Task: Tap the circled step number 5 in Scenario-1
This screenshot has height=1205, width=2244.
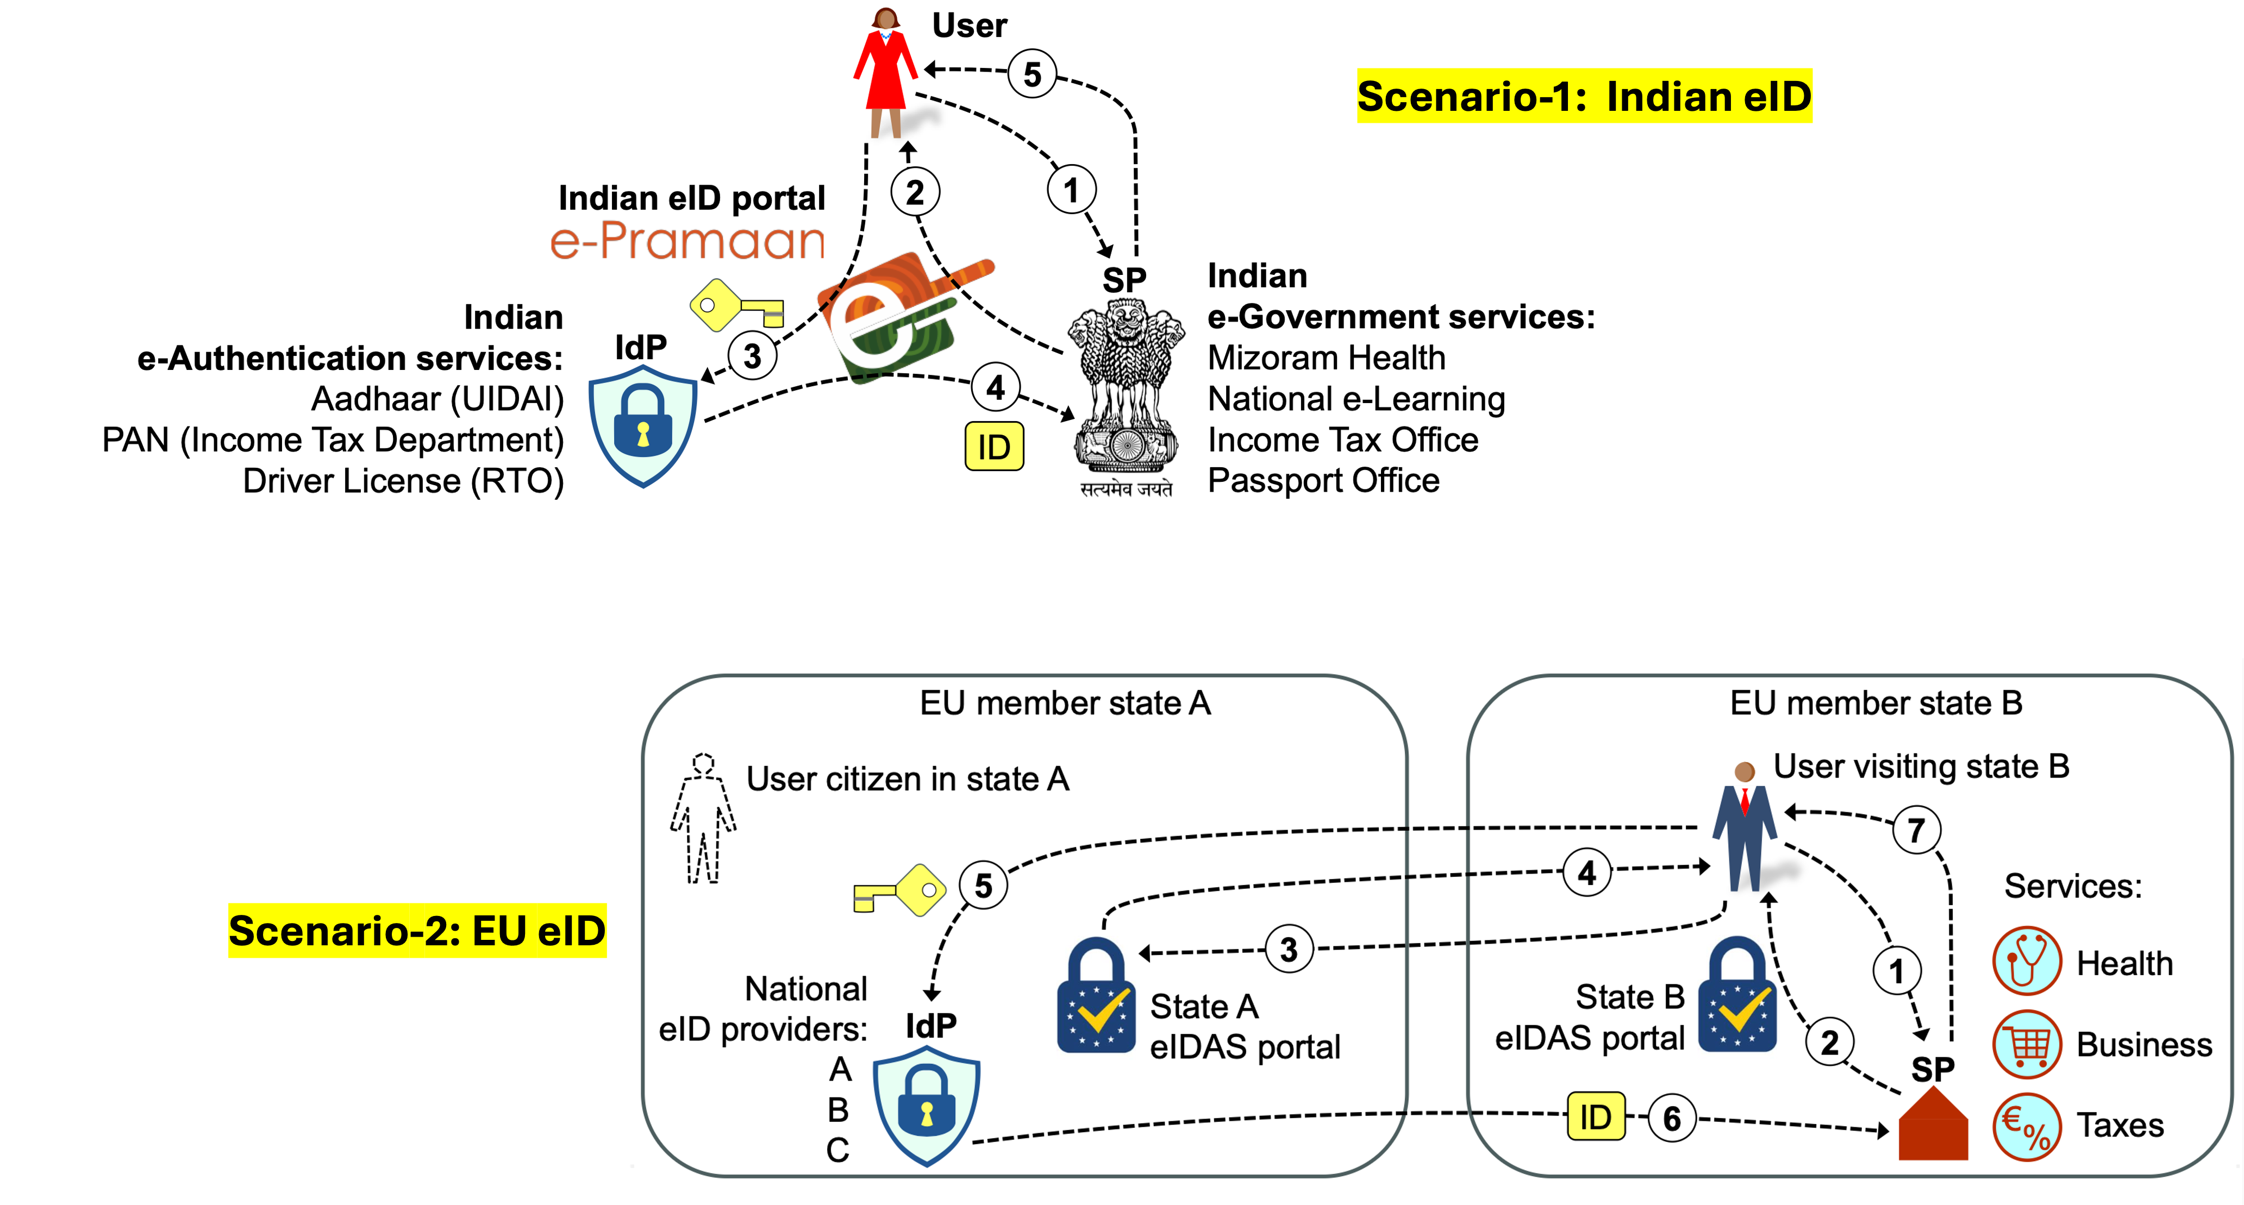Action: (1032, 74)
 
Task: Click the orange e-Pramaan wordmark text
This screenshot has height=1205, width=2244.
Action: (687, 241)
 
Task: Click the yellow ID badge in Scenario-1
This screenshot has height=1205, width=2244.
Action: (994, 447)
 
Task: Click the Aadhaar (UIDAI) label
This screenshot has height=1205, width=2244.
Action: (437, 399)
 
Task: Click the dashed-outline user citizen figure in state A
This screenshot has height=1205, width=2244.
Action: (703, 818)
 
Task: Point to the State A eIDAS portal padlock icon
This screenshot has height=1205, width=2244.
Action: (1096, 995)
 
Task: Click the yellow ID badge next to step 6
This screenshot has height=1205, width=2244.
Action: (1596, 1116)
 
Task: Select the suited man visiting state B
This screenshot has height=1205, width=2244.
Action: (1745, 826)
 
